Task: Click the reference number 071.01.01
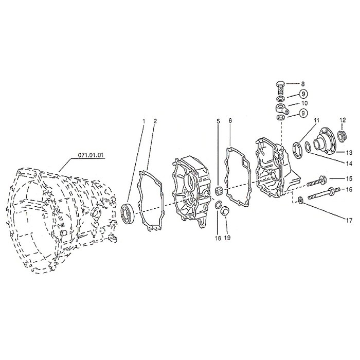point(91,155)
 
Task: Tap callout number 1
point(144,121)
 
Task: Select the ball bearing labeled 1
point(129,213)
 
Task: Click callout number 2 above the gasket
point(155,121)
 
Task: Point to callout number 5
point(219,121)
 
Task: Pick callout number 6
point(230,121)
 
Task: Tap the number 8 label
point(303,84)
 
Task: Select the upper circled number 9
point(303,94)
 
